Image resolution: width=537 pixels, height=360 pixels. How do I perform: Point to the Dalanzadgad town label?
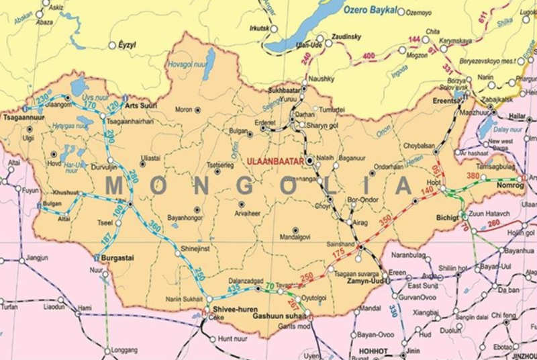tap(242, 281)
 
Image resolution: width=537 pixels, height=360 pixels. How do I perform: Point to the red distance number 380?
tap(474, 176)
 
